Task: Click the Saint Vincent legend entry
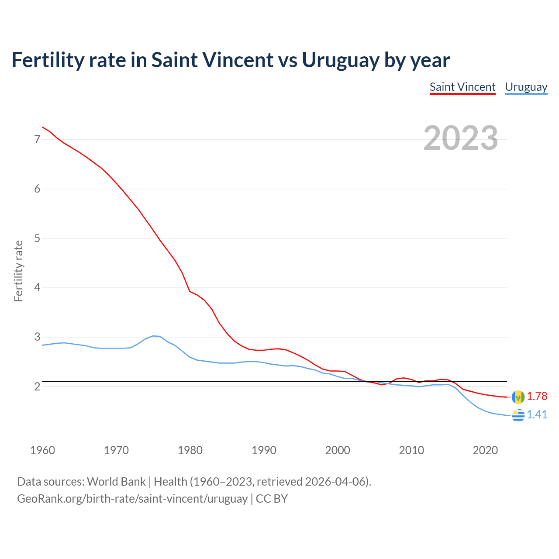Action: (x=462, y=87)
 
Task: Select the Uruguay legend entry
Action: (x=526, y=87)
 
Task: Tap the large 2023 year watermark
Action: (x=461, y=138)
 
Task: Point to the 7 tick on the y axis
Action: (x=37, y=140)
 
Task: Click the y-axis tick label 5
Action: (x=37, y=238)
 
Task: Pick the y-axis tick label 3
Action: (x=37, y=337)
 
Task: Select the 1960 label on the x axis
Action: (x=42, y=450)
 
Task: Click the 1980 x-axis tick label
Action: (x=190, y=450)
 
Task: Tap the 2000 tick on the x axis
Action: (x=338, y=450)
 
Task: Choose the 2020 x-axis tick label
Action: (x=485, y=450)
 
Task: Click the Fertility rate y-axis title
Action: (x=18, y=271)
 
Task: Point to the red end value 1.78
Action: (x=537, y=396)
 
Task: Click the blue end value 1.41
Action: (x=537, y=414)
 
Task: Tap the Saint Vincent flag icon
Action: (x=518, y=397)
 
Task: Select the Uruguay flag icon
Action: (x=518, y=415)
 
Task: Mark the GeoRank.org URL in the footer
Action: (x=132, y=499)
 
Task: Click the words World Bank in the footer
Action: (x=116, y=482)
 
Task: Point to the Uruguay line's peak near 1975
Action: (x=153, y=336)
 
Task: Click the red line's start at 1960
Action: (x=42, y=127)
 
